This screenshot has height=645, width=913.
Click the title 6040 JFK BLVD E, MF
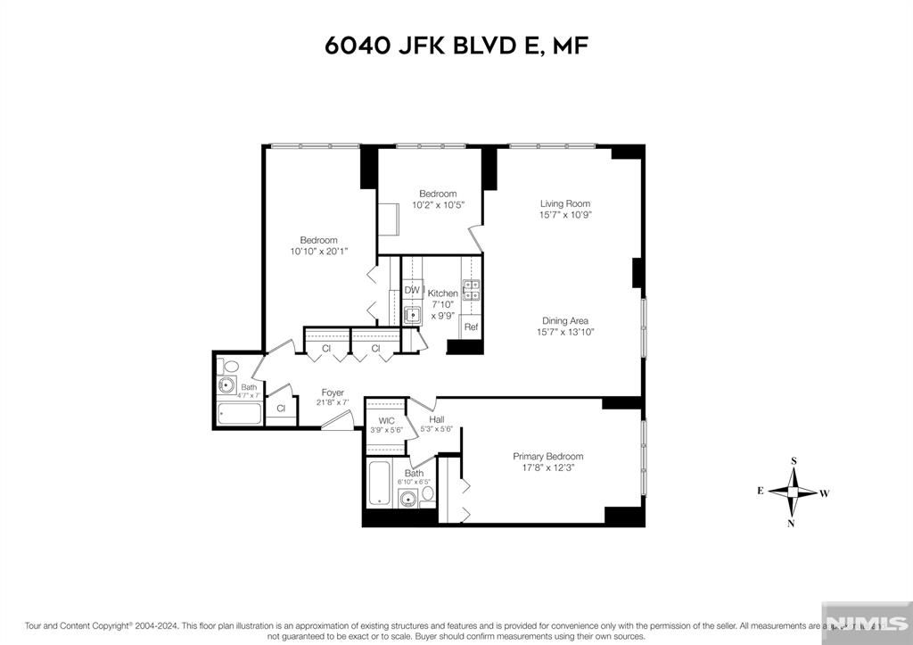click(456, 45)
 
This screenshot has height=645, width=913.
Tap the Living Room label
click(565, 203)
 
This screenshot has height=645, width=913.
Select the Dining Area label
click(565, 321)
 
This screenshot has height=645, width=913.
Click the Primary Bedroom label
click(547, 457)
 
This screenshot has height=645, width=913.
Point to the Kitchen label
click(443, 294)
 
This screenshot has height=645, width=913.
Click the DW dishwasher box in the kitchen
click(412, 290)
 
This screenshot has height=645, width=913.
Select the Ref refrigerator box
click(471, 327)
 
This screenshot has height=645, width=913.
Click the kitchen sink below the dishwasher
click(412, 314)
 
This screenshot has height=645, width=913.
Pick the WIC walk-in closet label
click(386, 420)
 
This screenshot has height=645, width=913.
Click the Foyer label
click(333, 393)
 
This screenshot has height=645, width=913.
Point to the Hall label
click(437, 419)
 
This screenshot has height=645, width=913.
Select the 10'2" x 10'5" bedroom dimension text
click(438, 205)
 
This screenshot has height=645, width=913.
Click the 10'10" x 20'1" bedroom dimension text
click(318, 252)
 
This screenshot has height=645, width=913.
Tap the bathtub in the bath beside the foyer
click(240, 414)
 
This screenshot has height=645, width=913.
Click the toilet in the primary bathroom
click(427, 492)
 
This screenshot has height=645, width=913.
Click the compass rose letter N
click(791, 524)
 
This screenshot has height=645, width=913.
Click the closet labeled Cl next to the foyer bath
click(281, 408)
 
